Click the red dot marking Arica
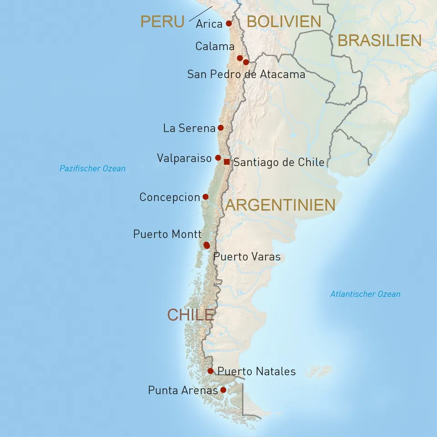229,23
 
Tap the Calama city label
215,46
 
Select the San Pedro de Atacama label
246,74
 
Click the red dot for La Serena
221,128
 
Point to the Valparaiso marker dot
218,158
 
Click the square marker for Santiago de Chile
227,162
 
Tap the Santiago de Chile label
279,162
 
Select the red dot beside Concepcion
205,197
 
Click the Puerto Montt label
167,234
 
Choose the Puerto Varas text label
247,257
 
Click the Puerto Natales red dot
210,371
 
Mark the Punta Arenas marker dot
223,390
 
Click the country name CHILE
190,315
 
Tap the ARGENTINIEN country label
280,205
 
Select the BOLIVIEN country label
284,21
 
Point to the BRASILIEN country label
379,41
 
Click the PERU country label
162,21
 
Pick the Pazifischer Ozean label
92,168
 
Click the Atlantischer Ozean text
365,294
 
